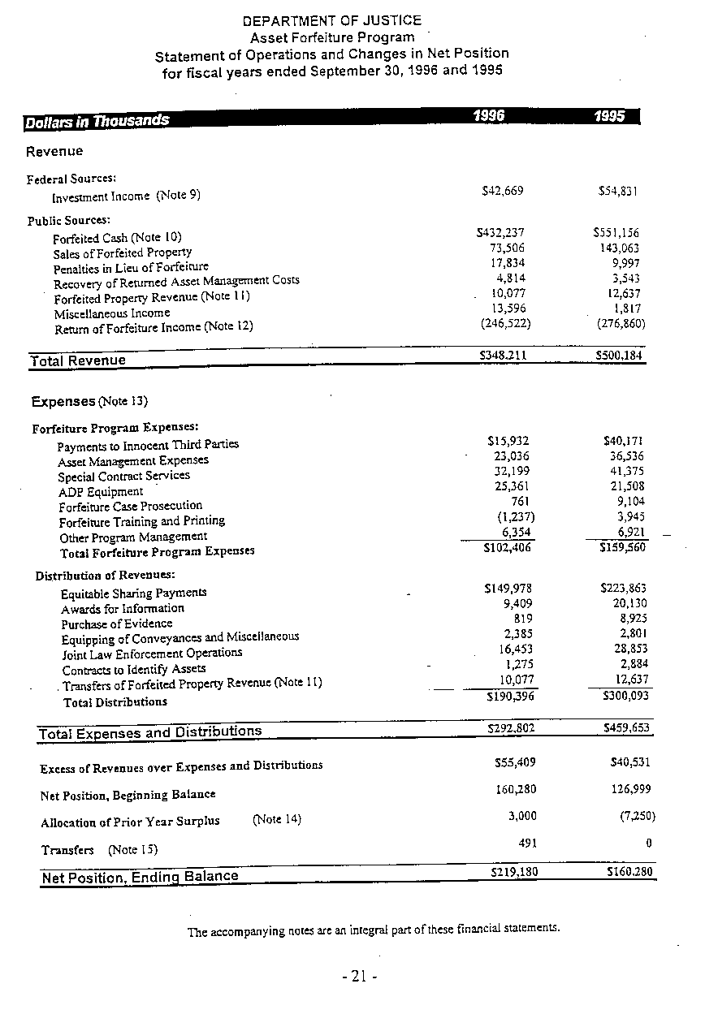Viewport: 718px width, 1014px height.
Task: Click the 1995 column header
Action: pyautogui.click(x=609, y=116)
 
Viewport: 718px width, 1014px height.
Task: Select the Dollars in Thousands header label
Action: pyautogui.click(x=97, y=122)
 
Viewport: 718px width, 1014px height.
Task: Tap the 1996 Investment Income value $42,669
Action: pyautogui.click(x=503, y=191)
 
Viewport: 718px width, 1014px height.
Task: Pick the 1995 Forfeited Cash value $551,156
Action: pyautogui.click(x=616, y=233)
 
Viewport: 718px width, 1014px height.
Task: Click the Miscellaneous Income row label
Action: pyautogui.click(x=112, y=313)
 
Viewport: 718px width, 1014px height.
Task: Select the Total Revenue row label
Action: pyautogui.click(x=78, y=360)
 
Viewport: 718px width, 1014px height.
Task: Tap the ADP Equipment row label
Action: pyautogui.click(x=101, y=492)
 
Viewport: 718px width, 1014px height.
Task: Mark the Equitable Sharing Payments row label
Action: pyautogui.click(x=134, y=593)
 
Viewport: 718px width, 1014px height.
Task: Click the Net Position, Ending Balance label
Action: pyautogui.click(x=140, y=877)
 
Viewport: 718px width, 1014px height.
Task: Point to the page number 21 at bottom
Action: pyautogui.click(x=359, y=977)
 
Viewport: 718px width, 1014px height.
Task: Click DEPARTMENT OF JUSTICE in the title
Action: pyautogui.click(x=332, y=20)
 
